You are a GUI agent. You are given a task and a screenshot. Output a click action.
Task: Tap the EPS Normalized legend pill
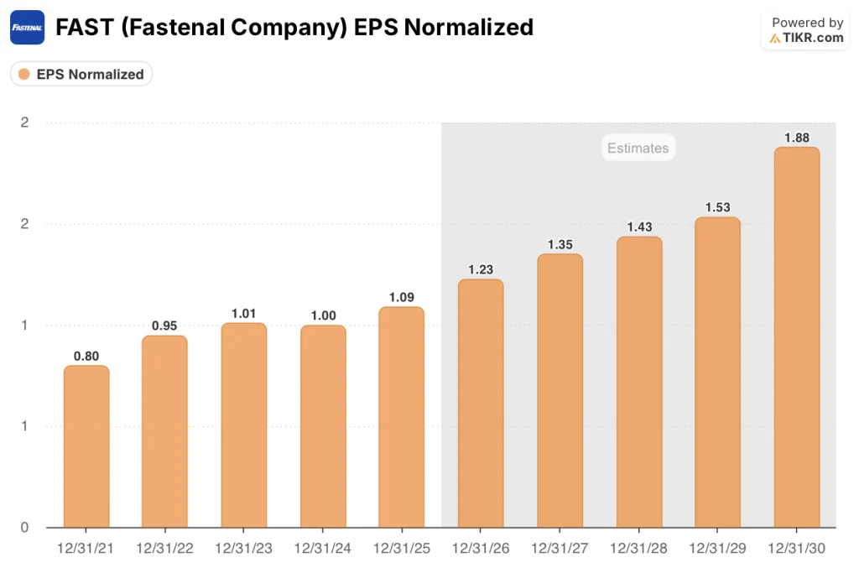coord(81,74)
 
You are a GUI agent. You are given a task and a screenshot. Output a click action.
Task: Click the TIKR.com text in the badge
coord(813,38)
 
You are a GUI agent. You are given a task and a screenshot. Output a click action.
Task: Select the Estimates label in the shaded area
coord(638,148)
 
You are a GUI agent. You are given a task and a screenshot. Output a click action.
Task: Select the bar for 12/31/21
coord(86,446)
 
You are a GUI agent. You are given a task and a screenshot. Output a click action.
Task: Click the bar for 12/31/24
coord(323,426)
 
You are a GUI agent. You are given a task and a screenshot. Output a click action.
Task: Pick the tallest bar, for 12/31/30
coord(797,337)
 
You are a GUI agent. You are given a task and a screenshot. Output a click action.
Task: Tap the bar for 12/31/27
coord(560,391)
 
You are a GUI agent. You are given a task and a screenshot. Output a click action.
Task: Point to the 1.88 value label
coord(797,138)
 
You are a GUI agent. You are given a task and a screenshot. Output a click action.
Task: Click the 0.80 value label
coord(86,356)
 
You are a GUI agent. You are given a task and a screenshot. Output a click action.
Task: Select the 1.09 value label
coord(402,297)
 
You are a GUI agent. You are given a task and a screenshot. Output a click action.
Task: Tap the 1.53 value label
coord(717,207)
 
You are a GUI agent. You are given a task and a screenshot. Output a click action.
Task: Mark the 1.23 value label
coord(481,269)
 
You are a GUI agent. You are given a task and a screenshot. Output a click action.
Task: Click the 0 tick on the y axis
coord(24,528)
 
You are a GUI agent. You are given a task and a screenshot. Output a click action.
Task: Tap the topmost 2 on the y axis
coord(24,122)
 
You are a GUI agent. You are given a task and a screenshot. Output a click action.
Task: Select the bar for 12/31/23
coord(244,425)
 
